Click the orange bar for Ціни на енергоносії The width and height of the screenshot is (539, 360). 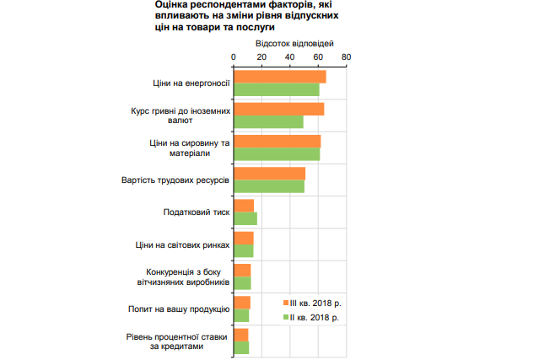point(279,78)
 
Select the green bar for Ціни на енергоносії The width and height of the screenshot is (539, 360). point(276,89)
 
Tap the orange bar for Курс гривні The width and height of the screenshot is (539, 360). point(278,110)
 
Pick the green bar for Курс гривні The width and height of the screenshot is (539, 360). point(268,121)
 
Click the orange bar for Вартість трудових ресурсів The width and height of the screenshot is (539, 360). point(269,174)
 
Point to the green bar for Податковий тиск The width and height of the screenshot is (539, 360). point(245,218)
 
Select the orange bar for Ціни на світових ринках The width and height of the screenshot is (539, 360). point(244,238)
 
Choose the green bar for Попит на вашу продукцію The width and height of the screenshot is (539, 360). point(241,314)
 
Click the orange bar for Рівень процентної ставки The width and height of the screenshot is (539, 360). point(240,335)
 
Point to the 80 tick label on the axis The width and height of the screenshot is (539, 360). point(346,57)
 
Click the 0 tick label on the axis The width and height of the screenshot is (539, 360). point(234,57)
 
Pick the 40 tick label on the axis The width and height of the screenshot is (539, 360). point(290,57)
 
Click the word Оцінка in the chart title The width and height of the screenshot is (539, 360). point(176,5)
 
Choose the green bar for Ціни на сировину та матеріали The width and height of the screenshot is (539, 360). point(277,153)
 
